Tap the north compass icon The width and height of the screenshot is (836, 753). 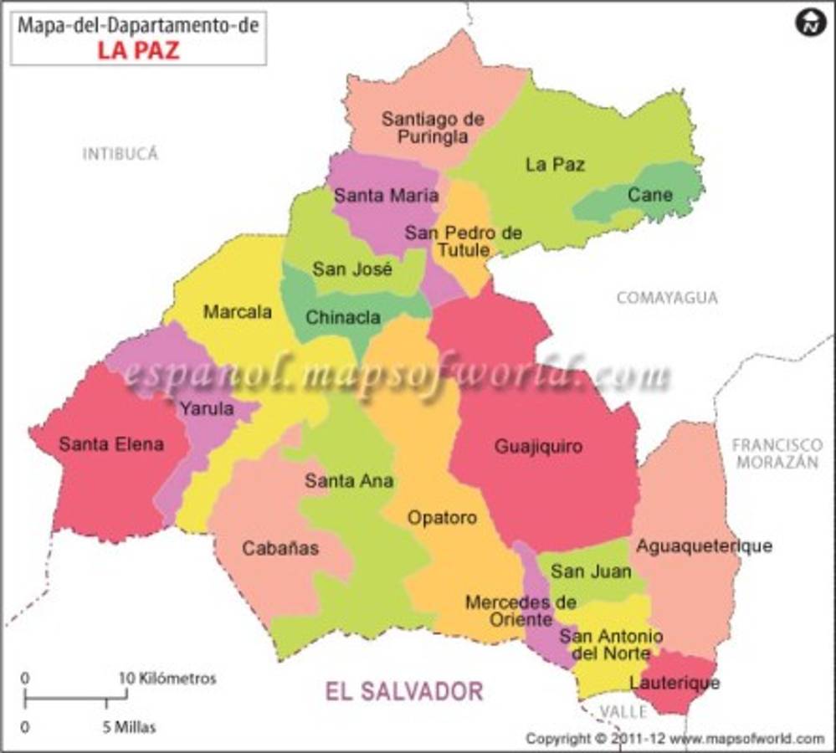click(x=809, y=23)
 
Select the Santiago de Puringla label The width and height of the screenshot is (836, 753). click(x=433, y=128)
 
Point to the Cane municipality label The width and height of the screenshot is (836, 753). click(x=650, y=195)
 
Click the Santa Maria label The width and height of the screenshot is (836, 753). click(x=386, y=196)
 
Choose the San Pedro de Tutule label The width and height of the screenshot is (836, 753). click(x=463, y=241)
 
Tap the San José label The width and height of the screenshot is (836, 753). click(x=352, y=269)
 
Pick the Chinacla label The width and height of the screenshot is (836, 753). click(x=343, y=317)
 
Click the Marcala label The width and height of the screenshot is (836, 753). click(x=238, y=312)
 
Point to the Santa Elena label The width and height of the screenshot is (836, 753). click(x=111, y=444)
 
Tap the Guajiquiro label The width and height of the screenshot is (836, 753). click(x=538, y=446)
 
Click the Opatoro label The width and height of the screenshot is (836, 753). click(x=442, y=518)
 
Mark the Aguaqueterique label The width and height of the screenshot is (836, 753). click(x=704, y=546)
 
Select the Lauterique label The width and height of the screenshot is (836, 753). click(x=674, y=683)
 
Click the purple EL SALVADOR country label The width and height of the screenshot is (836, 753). click(x=403, y=691)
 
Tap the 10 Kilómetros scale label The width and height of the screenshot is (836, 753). click(x=167, y=678)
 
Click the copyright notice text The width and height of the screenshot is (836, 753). click(x=674, y=739)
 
